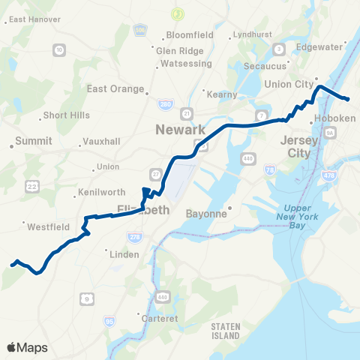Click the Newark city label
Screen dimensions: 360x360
pyautogui.click(x=180, y=130)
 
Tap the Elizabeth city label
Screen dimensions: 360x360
pyautogui.click(x=144, y=211)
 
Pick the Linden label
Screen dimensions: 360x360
pyautogui.click(x=124, y=254)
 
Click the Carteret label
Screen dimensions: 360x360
pyautogui.click(x=160, y=318)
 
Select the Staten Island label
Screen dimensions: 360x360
pyautogui.click(x=224, y=330)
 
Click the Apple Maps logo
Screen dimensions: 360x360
pyautogui.click(x=27, y=347)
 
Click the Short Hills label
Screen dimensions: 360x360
pyautogui.click(x=66, y=115)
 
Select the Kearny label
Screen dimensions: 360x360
pyautogui.click(x=224, y=94)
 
